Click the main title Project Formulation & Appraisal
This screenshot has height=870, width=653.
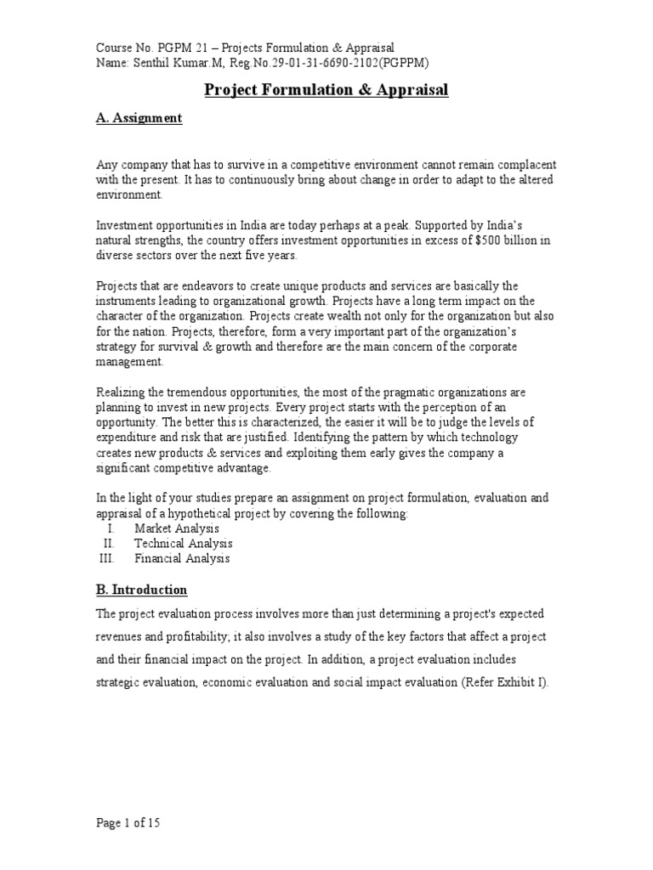point(326,90)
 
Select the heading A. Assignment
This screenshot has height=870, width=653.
point(139,119)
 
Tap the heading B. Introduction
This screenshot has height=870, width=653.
point(141,590)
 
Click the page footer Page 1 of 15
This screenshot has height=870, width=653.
point(128,822)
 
